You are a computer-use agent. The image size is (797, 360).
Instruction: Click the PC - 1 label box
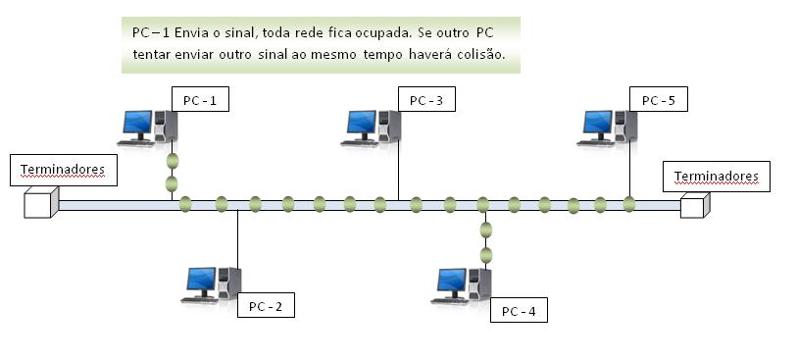point(200,99)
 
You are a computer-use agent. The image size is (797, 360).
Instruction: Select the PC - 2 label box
point(265,306)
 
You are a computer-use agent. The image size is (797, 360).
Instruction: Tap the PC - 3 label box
point(426,99)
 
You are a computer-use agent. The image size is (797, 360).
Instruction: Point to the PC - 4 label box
point(519,311)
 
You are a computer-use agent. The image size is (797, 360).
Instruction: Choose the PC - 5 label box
point(659,99)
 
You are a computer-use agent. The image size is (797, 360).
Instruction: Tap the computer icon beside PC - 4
point(462,285)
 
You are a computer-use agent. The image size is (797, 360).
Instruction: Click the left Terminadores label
point(62,170)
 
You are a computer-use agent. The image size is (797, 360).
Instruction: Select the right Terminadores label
point(717,177)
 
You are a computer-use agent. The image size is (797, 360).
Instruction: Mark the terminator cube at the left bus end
point(41,203)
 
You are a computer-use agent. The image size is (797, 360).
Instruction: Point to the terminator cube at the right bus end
point(693,205)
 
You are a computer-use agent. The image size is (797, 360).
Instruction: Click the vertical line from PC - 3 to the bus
point(399,167)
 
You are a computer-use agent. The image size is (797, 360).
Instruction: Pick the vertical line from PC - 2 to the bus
point(237,235)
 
